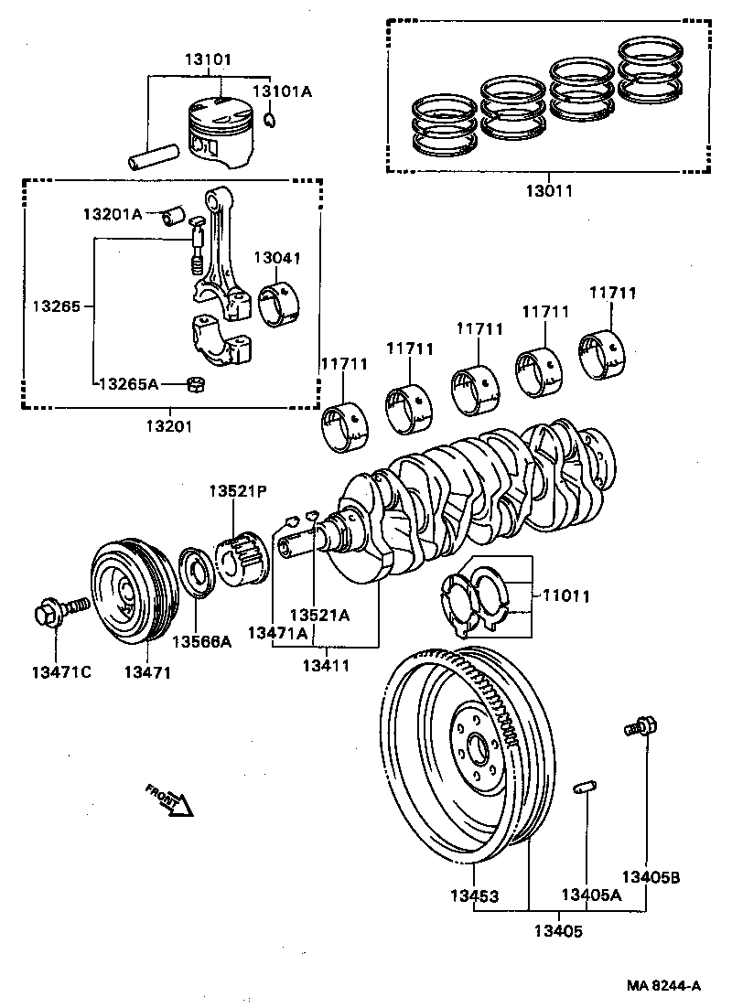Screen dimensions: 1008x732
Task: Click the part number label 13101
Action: point(209,59)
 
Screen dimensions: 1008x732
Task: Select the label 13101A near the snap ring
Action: point(282,91)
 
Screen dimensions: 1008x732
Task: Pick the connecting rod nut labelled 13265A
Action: point(194,383)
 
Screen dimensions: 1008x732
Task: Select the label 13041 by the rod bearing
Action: point(276,259)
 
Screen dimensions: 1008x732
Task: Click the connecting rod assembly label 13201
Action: point(169,426)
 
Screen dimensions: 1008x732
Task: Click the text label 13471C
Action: point(61,672)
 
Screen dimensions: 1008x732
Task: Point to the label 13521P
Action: point(236,491)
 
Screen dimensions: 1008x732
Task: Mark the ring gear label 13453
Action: point(474,895)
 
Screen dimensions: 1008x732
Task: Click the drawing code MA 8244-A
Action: point(663,985)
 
